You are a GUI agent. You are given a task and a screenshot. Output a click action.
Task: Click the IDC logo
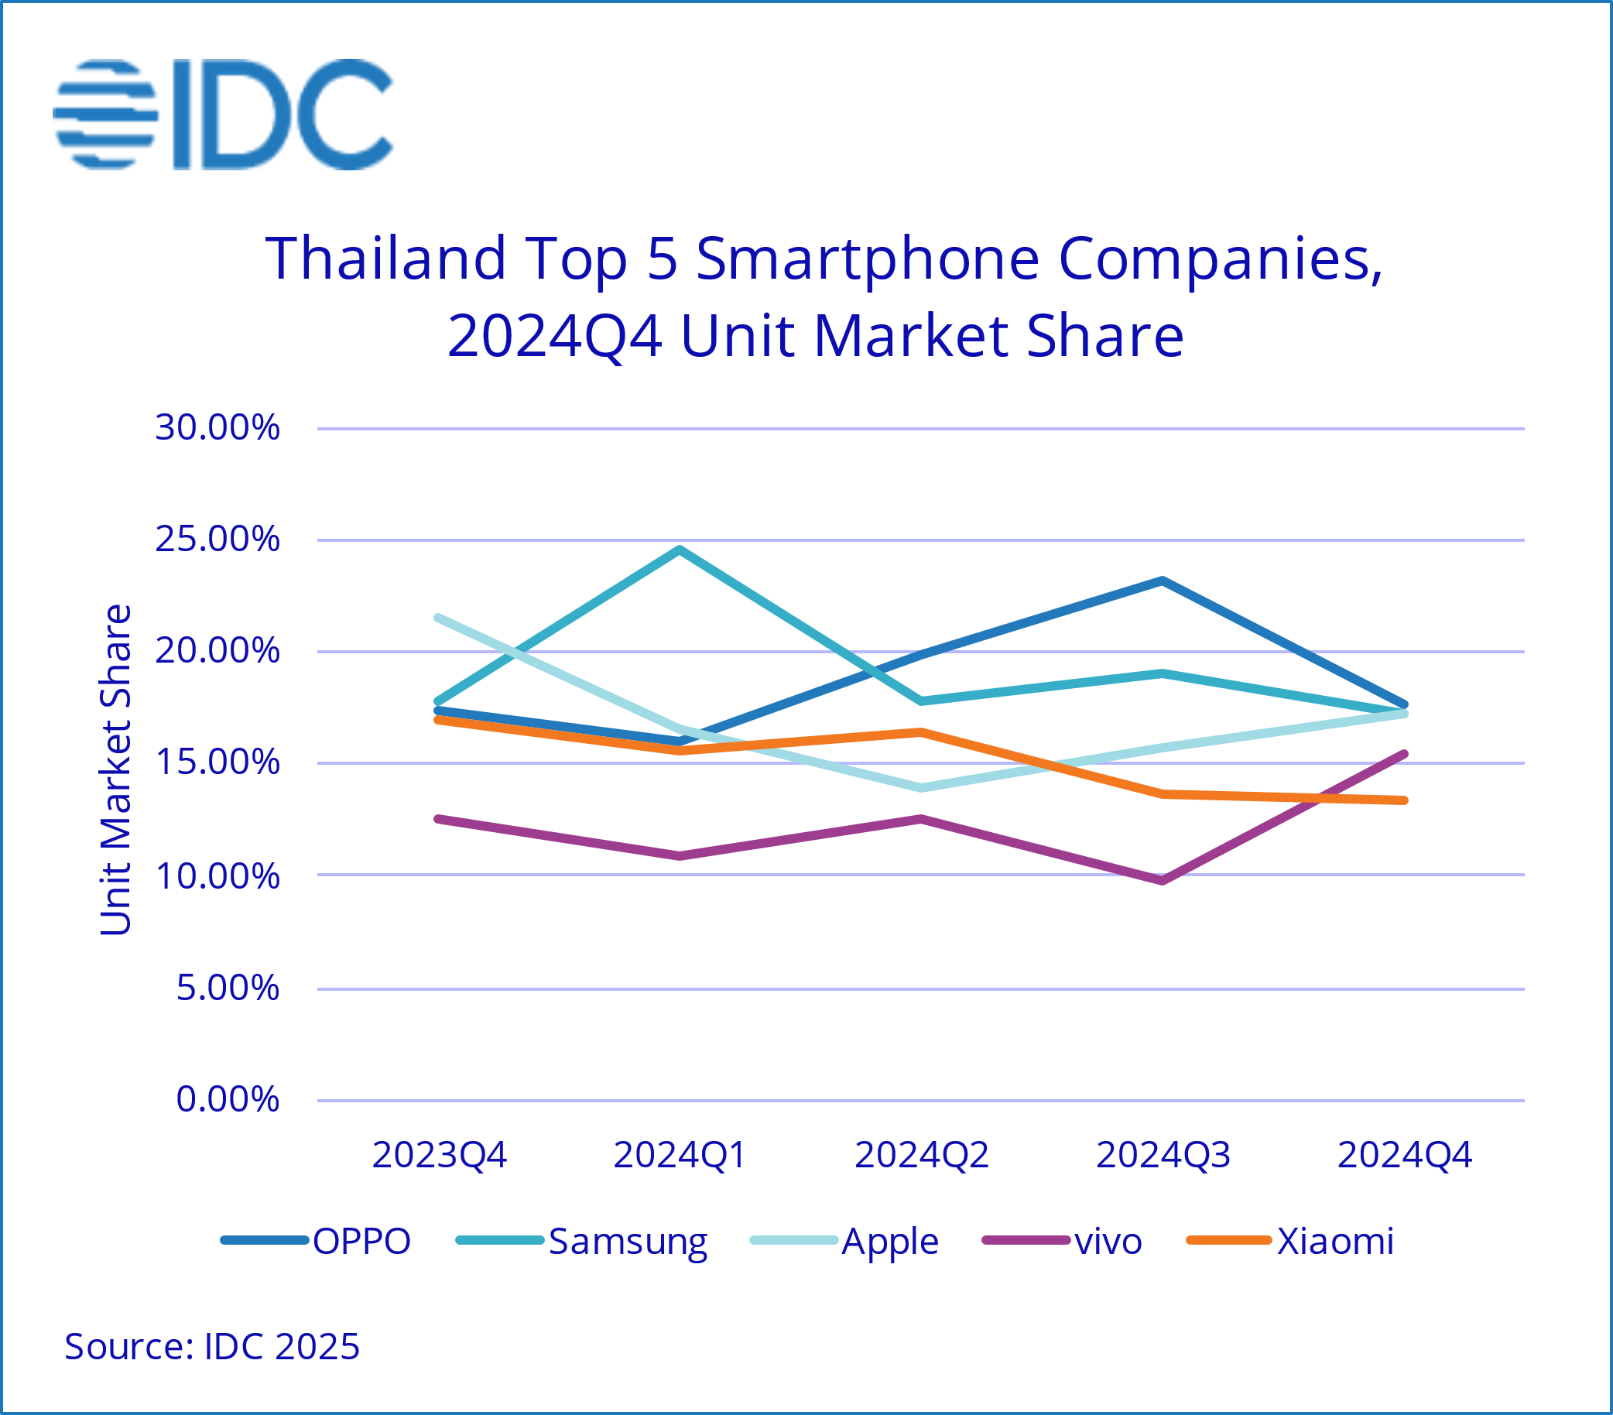[x=223, y=115]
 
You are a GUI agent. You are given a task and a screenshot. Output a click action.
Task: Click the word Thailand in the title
[x=386, y=258]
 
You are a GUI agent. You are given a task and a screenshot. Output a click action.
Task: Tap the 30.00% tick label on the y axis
[x=217, y=428]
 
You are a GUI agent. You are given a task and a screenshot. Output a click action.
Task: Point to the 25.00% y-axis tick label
[x=217, y=540]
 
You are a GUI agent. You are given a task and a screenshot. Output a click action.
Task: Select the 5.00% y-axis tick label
[x=228, y=988]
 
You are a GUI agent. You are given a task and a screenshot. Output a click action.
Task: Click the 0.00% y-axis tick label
[x=228, y=1099]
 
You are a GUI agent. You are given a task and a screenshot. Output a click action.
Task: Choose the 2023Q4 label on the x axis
[x=439, y=1156]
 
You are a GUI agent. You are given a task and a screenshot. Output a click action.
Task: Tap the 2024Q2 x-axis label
[x=922, y=1156]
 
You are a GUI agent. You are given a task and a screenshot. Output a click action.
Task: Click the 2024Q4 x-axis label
[x=1405, y=1156]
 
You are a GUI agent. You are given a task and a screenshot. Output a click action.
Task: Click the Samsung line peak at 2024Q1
[x=680, y=550]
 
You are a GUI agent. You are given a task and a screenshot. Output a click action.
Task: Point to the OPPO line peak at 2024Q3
[x=1163, y=581]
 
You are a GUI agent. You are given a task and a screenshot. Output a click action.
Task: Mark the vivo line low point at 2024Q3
[x=1163, y=880]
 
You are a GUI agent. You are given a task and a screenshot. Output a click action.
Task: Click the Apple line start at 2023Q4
[x=439, y=618]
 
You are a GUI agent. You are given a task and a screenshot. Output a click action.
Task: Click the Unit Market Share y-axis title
[x=115, y=769]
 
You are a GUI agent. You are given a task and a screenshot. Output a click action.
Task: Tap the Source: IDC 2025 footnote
[x=211, y=1346]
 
